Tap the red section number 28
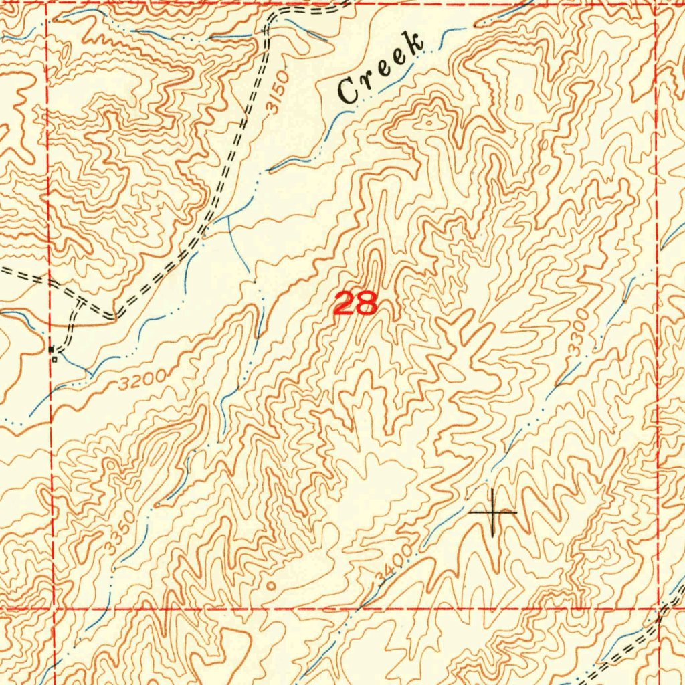[x=355, y=304]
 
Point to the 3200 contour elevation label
[x=143, y=382]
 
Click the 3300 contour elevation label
[x=579, y=332]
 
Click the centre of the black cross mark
[x=493, y=512]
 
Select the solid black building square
[x=52, y=349]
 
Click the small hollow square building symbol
[x=55, y=359]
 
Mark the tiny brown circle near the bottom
[x=271, y=585]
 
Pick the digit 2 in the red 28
[x=345, y=304]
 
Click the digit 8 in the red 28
[x=367, y=304]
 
